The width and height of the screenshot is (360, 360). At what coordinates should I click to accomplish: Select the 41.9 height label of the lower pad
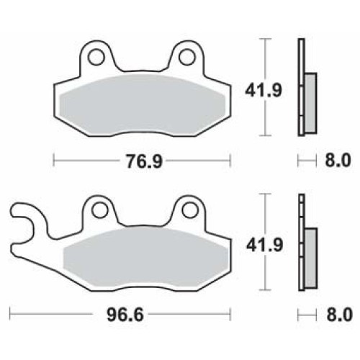tap(252, 246)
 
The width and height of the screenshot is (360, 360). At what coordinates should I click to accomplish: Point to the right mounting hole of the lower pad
tap(189, 210)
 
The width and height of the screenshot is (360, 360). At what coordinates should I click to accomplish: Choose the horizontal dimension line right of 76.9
tap(198, 162)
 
